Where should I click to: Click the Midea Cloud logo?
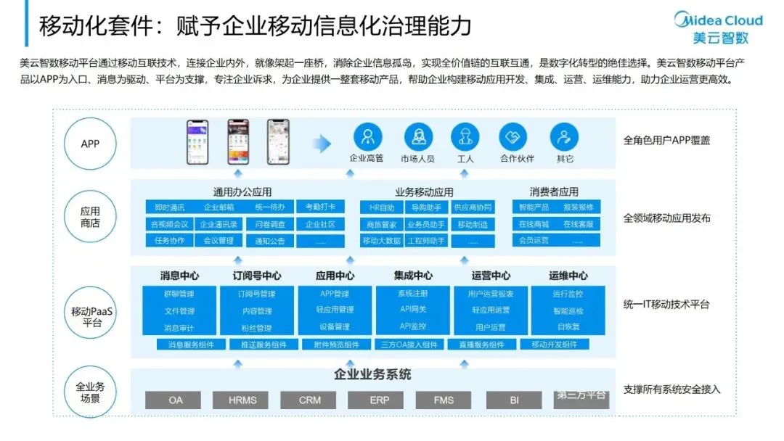tap(718, 28)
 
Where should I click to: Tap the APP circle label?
tap(90, 144)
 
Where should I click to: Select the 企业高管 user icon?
tap(367, 136)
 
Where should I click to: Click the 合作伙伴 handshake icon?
tap(513, 136)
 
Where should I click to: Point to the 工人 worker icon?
tap(465, 136)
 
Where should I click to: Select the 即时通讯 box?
tap(170, 207)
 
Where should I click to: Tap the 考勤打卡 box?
tap(320, 207)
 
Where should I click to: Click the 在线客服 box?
tap(577, 224)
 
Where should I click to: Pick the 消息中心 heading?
tap(179, 276)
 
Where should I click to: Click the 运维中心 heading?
tap(568, 276)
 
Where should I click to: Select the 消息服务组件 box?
tap(191, 345)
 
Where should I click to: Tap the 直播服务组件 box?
tap(482, 345)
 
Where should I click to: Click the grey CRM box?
tap(310, 400)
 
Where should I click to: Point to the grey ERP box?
tap(380, 400)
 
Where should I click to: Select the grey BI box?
tap(514, 400)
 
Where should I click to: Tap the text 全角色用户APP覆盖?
tap(666, 140)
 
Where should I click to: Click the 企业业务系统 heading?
tap(372, 375)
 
